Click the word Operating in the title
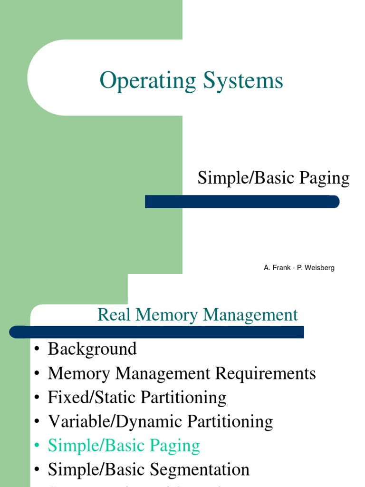[147, 81]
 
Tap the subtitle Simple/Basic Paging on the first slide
[273, 178]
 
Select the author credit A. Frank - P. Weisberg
[299, 268]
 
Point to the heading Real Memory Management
[198, 315]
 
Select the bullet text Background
[92, 349]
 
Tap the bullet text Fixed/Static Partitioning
[137, 398]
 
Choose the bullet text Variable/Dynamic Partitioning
[160, 422]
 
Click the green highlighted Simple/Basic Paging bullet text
[124, 446]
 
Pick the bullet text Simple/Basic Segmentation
[148, 470]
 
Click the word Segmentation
[200, 470]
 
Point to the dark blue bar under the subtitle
[242, 202]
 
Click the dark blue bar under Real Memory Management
[157, 331]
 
